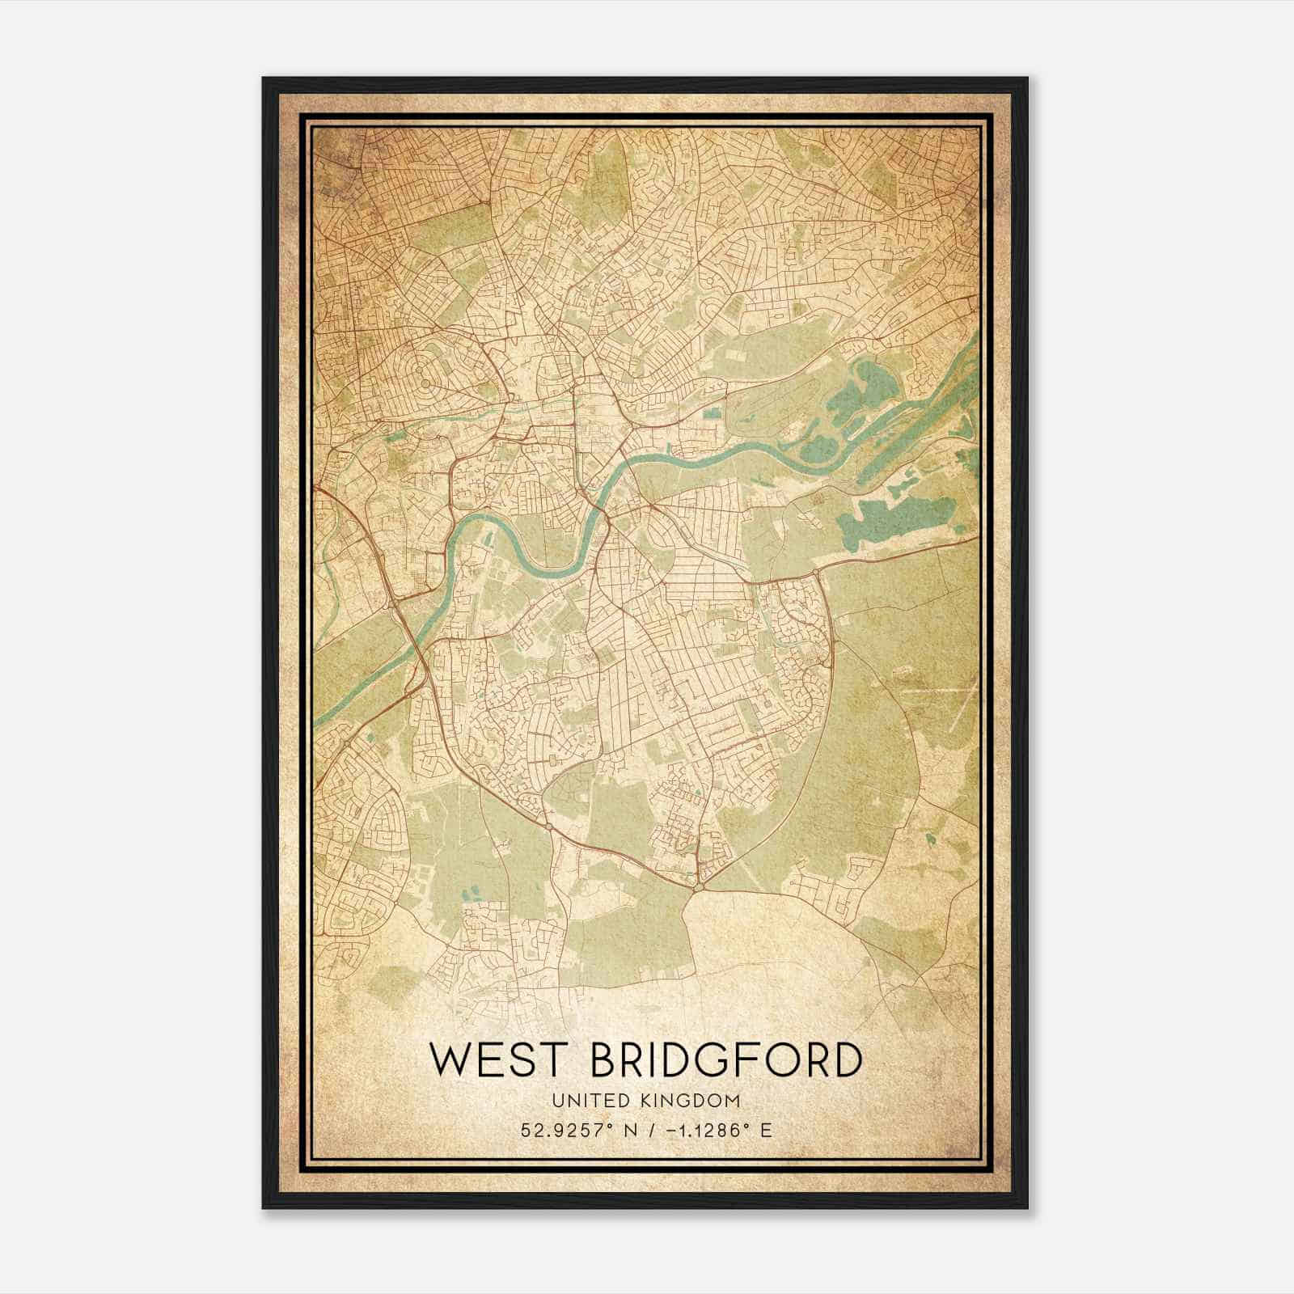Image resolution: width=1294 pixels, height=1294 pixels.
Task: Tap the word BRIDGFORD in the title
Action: pyautogui.click(x=726, y=1059)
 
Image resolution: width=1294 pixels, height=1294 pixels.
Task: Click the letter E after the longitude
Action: pyautogui.click(x=766, y=1130)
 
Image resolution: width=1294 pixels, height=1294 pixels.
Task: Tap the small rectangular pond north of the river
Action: pyautogui.click(x=711, y=414)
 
